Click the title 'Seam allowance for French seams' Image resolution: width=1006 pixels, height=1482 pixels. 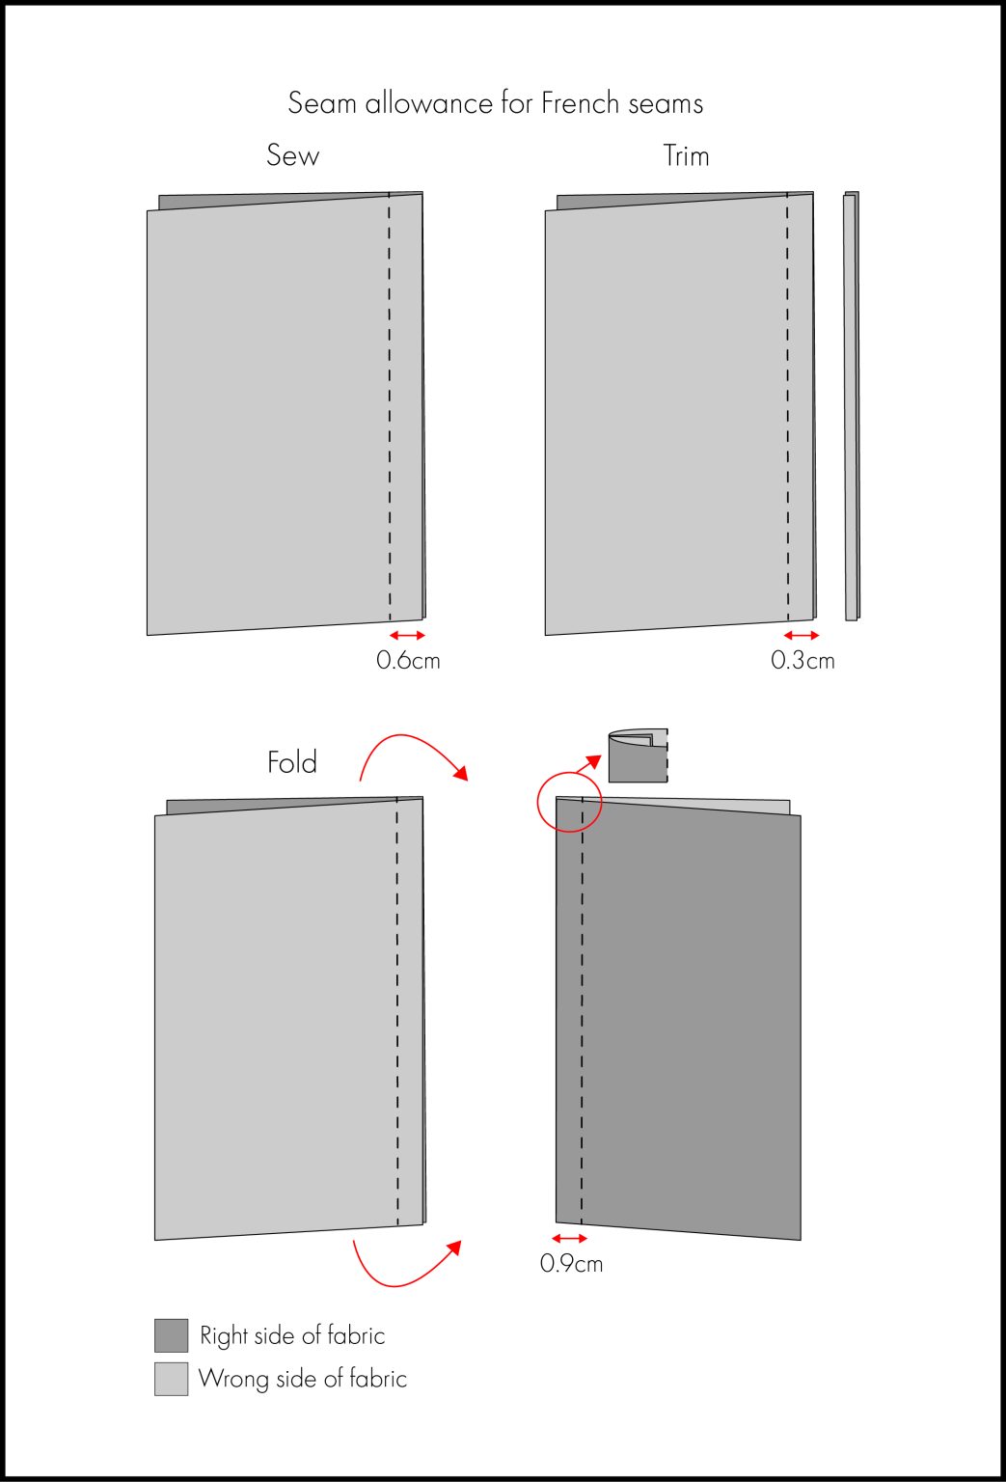(496, 103)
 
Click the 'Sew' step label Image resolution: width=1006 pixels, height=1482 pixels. (292, 155)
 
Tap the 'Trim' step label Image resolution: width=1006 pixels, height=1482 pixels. (686, 155)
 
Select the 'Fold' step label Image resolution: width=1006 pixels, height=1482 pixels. (291, 762)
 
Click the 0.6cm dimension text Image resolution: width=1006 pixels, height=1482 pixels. (408, 661)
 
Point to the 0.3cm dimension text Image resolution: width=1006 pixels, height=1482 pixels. (802, 661)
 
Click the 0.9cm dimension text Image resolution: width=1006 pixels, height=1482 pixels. (571, 1263)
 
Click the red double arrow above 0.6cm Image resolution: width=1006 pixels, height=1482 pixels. (407, 635)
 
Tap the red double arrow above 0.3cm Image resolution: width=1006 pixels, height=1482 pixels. (802, 635)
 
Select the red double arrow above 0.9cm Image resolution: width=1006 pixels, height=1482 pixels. (569, 1238)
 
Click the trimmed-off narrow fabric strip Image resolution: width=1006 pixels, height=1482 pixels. (851, 405)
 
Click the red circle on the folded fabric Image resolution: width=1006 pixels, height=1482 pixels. (569, 801)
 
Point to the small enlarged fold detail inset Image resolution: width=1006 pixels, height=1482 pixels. (638, 755)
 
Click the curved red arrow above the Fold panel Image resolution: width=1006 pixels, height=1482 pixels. (412, 750)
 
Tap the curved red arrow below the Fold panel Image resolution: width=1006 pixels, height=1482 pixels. (405, 1266)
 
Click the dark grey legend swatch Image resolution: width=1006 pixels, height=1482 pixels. (171, 1335)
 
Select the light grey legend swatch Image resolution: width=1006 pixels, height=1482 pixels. (171, 1379)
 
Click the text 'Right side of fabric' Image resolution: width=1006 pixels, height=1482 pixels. (292, 1335)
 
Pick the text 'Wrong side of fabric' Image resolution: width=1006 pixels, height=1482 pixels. (302, 1379)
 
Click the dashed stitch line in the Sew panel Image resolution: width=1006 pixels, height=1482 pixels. (390, 405)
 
